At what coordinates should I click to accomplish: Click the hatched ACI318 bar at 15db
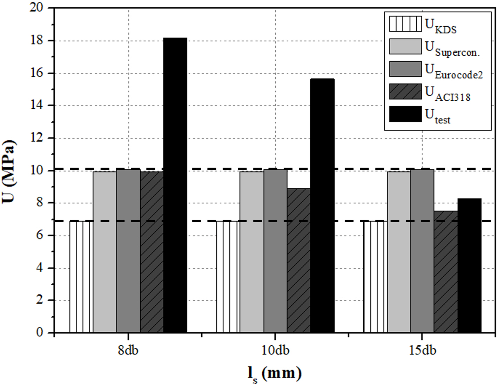click(x=446, y=272)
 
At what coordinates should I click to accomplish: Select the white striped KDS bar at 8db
click(x=81, y=277)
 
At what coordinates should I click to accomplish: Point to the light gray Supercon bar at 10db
click(x=251, y=252)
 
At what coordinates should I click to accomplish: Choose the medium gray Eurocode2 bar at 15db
click(x=422, y=251)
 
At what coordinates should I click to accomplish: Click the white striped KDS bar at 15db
click(x=375, y=277)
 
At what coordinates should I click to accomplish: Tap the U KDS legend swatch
click(x=405, y=24)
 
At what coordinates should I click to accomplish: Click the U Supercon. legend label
click(x=452, y=49)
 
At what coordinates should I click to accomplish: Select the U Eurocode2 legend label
click(x=454, y=71)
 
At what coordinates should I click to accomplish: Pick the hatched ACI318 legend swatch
click(x=405, y=92)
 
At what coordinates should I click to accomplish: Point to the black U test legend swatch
click(x=405, y=114)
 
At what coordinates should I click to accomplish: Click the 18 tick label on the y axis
click(x=37, y=41)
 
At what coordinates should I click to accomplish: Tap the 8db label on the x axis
click(x=128, y=350)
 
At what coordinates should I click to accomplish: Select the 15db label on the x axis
click(x=422, y=350)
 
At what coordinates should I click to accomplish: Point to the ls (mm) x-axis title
click(x=275, y=374)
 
